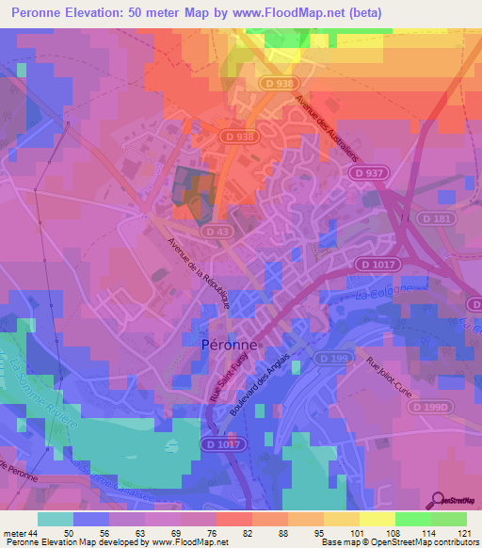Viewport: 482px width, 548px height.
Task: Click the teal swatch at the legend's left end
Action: click(x=56, y=519)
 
